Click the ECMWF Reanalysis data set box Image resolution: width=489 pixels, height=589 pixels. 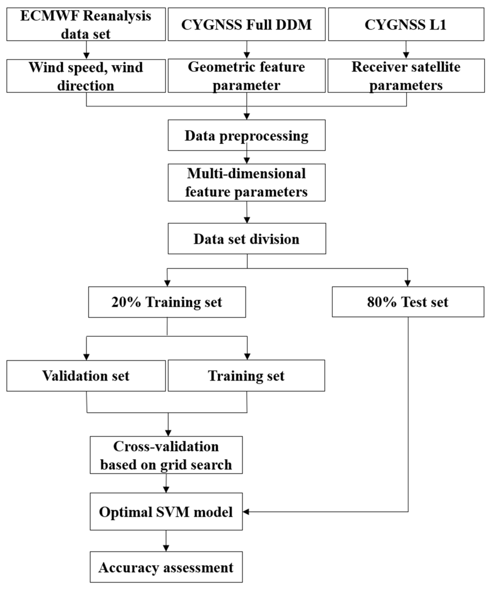pos(86,24)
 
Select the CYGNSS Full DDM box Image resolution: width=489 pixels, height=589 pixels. pos(246,24)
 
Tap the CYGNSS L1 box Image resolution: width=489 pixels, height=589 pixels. pos(406,24)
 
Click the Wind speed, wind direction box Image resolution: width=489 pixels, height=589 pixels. pos(86,76)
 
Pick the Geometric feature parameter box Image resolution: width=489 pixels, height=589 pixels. pos(246,76)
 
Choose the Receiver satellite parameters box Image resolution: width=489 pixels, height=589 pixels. pos(406,76)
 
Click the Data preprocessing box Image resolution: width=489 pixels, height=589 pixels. pos(246,135)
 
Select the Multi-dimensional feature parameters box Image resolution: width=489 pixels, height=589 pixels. pos(246,182)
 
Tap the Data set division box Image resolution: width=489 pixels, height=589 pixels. pos(247,239)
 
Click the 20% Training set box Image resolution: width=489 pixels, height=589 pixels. pos(167,302)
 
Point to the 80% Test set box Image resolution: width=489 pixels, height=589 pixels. pos(408,302)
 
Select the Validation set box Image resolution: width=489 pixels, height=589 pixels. pos(86,375)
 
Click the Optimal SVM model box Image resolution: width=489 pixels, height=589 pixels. pos(166,512)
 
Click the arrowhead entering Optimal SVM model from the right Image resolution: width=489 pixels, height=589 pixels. pos(246,512)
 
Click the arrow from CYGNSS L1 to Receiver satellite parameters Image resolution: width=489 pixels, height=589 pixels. pos(406,50)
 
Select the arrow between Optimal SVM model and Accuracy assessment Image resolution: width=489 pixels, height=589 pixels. pos(166,541)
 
